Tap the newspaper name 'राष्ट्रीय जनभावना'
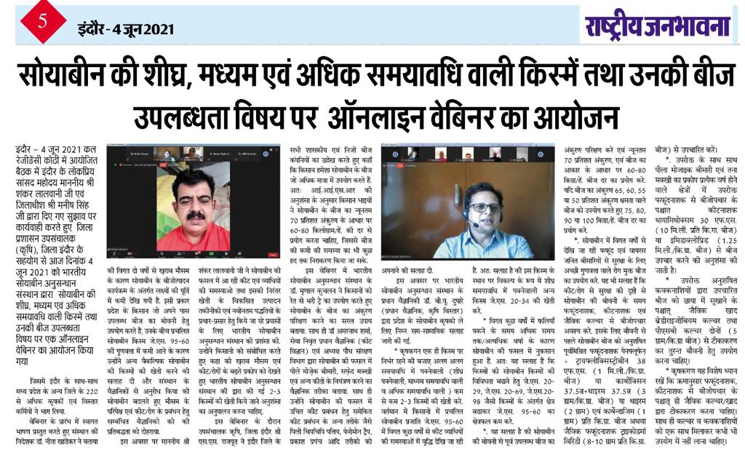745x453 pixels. pyautogui.click(x=657, y=28)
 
